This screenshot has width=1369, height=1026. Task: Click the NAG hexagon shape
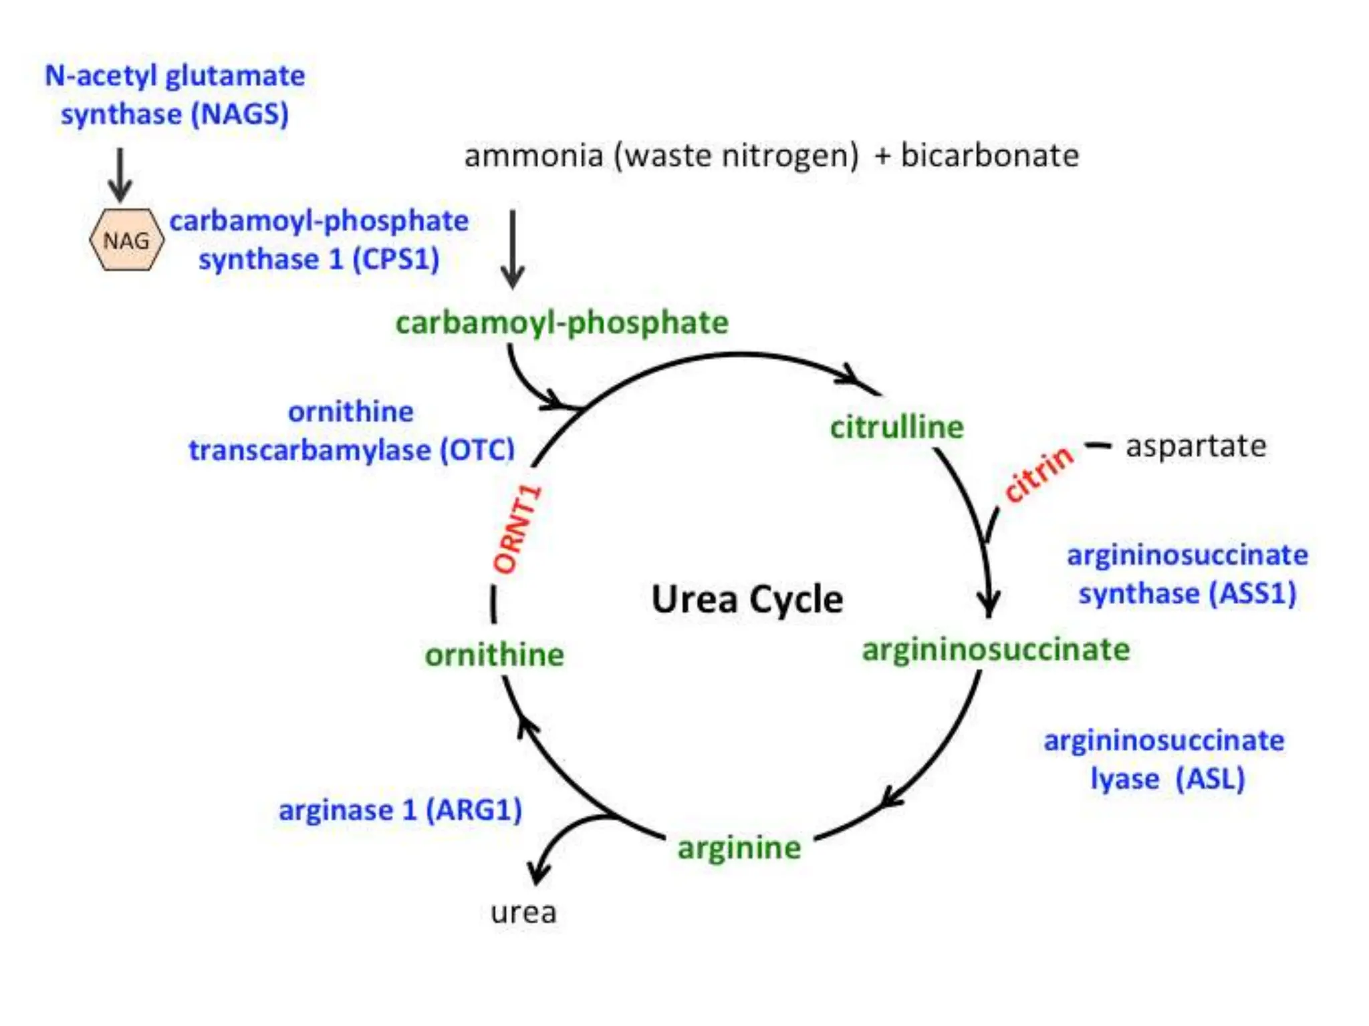(x=126, y=240)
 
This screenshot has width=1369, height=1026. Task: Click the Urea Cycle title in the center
(x=747, y=599)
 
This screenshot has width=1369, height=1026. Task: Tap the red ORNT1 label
(x=517, y=529)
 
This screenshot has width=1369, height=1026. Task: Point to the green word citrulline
(x=896, y=427)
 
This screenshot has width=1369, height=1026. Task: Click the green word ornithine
(x=495, y=655)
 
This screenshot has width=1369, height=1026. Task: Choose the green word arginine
(x=739, y=848)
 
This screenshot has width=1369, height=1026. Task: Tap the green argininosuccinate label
(x=996, y=650)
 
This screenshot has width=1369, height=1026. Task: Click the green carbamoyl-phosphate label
(x=562, y=323)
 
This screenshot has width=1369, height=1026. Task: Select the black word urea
(x=523, y=912)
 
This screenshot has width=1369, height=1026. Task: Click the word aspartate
(x=1196, y=446)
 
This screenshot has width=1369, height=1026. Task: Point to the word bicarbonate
(x=989, y=156)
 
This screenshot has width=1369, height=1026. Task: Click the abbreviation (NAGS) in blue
(x=240, y=114)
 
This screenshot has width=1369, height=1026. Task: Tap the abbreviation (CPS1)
(x=396, y=259)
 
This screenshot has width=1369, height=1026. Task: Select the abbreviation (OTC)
(x=477, y=450)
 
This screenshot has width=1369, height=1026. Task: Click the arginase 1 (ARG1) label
(x=400, y=810)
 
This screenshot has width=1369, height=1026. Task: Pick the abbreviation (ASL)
(x=1211, y=779)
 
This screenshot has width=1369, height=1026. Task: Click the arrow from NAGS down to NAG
(x=120, y=175)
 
